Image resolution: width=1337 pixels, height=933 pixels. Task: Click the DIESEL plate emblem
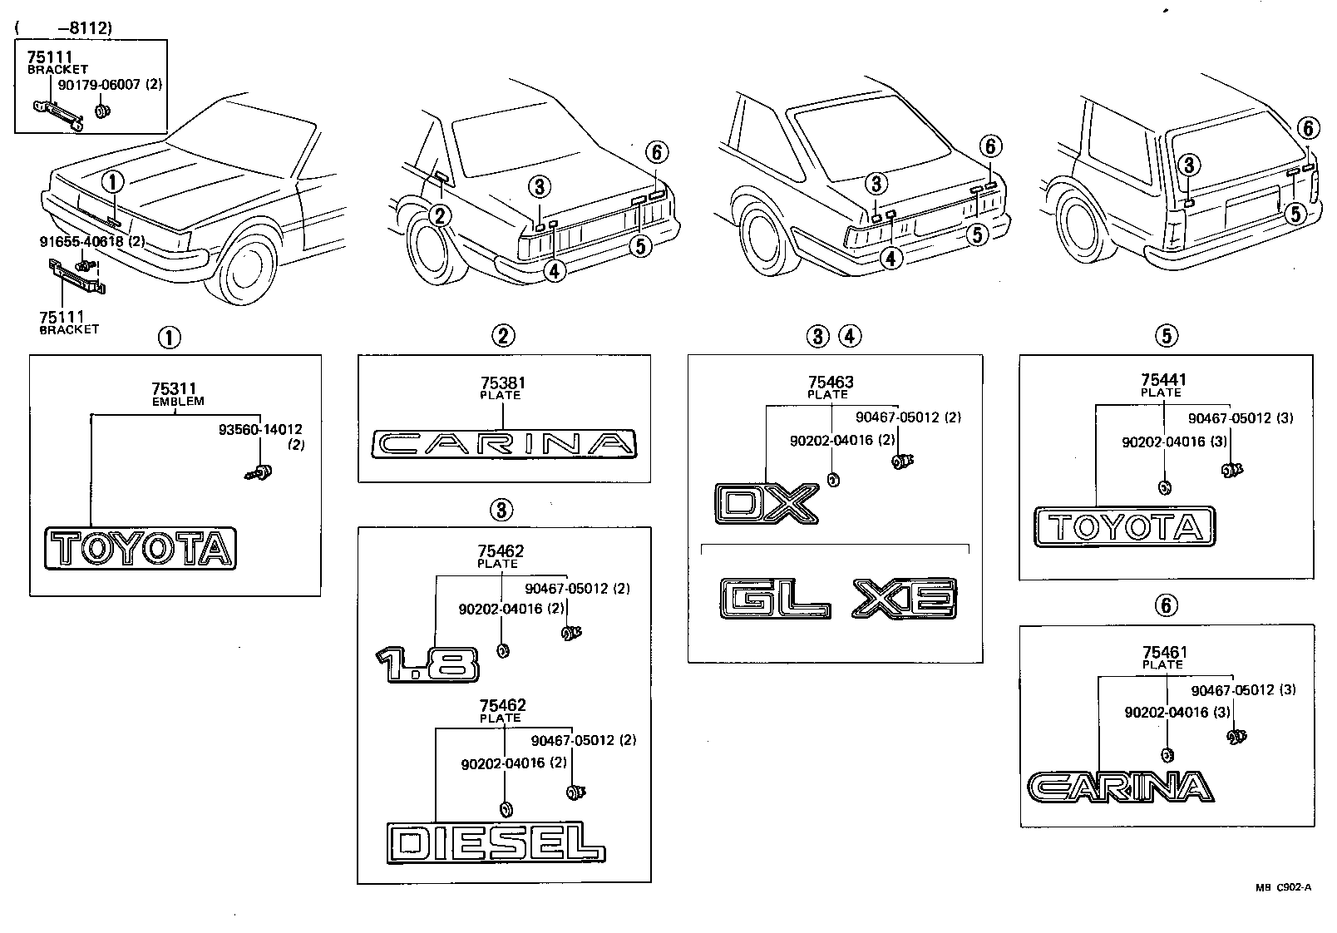[x=496, y=843]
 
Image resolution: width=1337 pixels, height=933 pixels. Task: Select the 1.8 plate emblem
[x=427, y=664]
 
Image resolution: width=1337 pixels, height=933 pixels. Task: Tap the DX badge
[x=767, y=504]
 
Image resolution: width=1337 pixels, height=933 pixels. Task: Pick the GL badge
[x=775, y=599]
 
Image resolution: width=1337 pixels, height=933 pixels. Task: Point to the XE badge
[x=905, y=599]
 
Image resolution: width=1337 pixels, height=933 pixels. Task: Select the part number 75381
[x=501, y=383]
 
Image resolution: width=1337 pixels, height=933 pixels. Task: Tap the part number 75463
[x=830, y=383]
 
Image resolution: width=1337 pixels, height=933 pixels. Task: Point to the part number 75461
[x=1164, y=653]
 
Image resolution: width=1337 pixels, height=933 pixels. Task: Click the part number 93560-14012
[x=260, y=429]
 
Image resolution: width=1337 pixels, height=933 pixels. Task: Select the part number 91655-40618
[x=81, y=241]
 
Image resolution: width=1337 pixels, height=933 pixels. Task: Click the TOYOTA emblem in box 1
[x=141, y=549]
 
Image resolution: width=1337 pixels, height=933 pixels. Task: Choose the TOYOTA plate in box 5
[x=1124, y=526]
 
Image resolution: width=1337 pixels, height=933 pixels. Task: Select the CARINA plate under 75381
[x=504, y=444]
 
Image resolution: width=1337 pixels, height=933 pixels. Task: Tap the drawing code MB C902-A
[x=1282, y=887]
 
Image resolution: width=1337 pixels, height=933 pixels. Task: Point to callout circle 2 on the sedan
[x=440, y=216]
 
